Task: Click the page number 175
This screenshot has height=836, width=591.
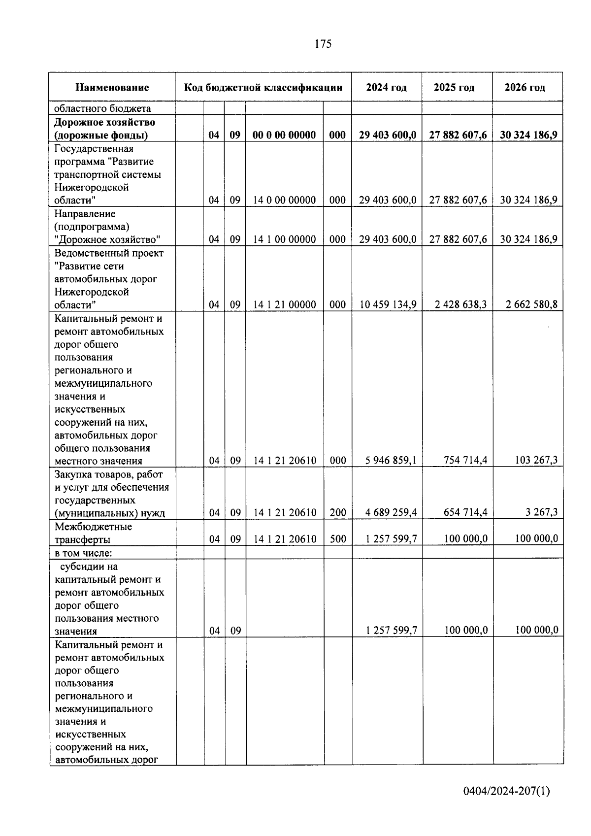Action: coord(323,44)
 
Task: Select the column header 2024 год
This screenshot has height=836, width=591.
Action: coord(386,88)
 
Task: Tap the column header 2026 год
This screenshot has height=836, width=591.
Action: coord(525,88)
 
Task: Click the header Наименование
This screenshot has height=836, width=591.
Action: coord(112,88)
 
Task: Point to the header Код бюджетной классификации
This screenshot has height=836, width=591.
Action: coord(263,88)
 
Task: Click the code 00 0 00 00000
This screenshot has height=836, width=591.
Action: coord(284,135)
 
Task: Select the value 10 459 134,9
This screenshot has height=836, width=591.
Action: coord(388,304)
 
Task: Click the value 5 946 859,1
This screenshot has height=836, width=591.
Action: coord(391,461)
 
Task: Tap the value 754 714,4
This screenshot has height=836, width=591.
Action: coord(465,461)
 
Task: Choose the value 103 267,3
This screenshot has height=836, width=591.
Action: coord(534,461)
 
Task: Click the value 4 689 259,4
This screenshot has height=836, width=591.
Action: coord(391,513)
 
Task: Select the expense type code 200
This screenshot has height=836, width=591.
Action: coord(337,513)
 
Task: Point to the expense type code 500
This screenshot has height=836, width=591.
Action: coord(337,539)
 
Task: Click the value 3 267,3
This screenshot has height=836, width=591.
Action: coord(541,513)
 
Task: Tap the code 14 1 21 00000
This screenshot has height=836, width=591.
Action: coord(284,305)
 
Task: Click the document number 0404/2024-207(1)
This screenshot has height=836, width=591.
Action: coord(506,791)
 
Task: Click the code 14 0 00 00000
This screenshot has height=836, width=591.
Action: coord(284,201)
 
